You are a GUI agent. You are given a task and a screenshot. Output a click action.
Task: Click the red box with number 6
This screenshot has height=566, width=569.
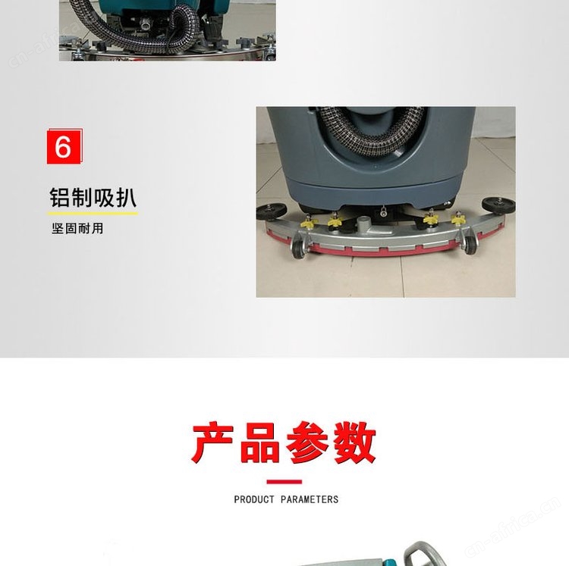(64, 147)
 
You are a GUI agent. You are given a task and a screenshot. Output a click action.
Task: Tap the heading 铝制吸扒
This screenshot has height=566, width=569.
(93, 198)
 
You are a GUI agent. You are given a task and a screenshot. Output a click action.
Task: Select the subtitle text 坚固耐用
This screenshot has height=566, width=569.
(77, 229)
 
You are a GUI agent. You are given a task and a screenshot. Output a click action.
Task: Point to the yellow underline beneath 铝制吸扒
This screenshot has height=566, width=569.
(93, 214)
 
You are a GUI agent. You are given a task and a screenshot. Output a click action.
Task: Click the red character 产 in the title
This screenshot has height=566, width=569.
(213, 442)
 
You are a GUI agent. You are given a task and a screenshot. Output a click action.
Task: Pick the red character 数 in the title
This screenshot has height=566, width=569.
(355, 442)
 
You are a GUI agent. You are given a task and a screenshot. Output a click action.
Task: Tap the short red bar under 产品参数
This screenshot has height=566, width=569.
(284, 482)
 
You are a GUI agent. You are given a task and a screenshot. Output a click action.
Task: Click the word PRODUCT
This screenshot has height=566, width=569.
(254, 499)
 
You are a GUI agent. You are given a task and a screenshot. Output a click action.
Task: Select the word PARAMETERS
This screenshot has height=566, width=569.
(310, 499)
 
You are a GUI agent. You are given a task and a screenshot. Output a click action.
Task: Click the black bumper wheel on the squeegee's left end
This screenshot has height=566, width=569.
(271, 211)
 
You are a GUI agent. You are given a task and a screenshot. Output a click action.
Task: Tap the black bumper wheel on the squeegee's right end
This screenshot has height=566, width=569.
(498, 205)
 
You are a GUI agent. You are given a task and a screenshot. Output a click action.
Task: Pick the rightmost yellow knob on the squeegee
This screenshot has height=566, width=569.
(458, 219)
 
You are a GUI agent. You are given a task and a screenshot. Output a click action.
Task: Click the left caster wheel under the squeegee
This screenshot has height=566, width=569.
(299, 248)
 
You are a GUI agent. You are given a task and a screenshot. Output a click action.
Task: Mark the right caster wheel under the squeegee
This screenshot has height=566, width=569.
(470, 244)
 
